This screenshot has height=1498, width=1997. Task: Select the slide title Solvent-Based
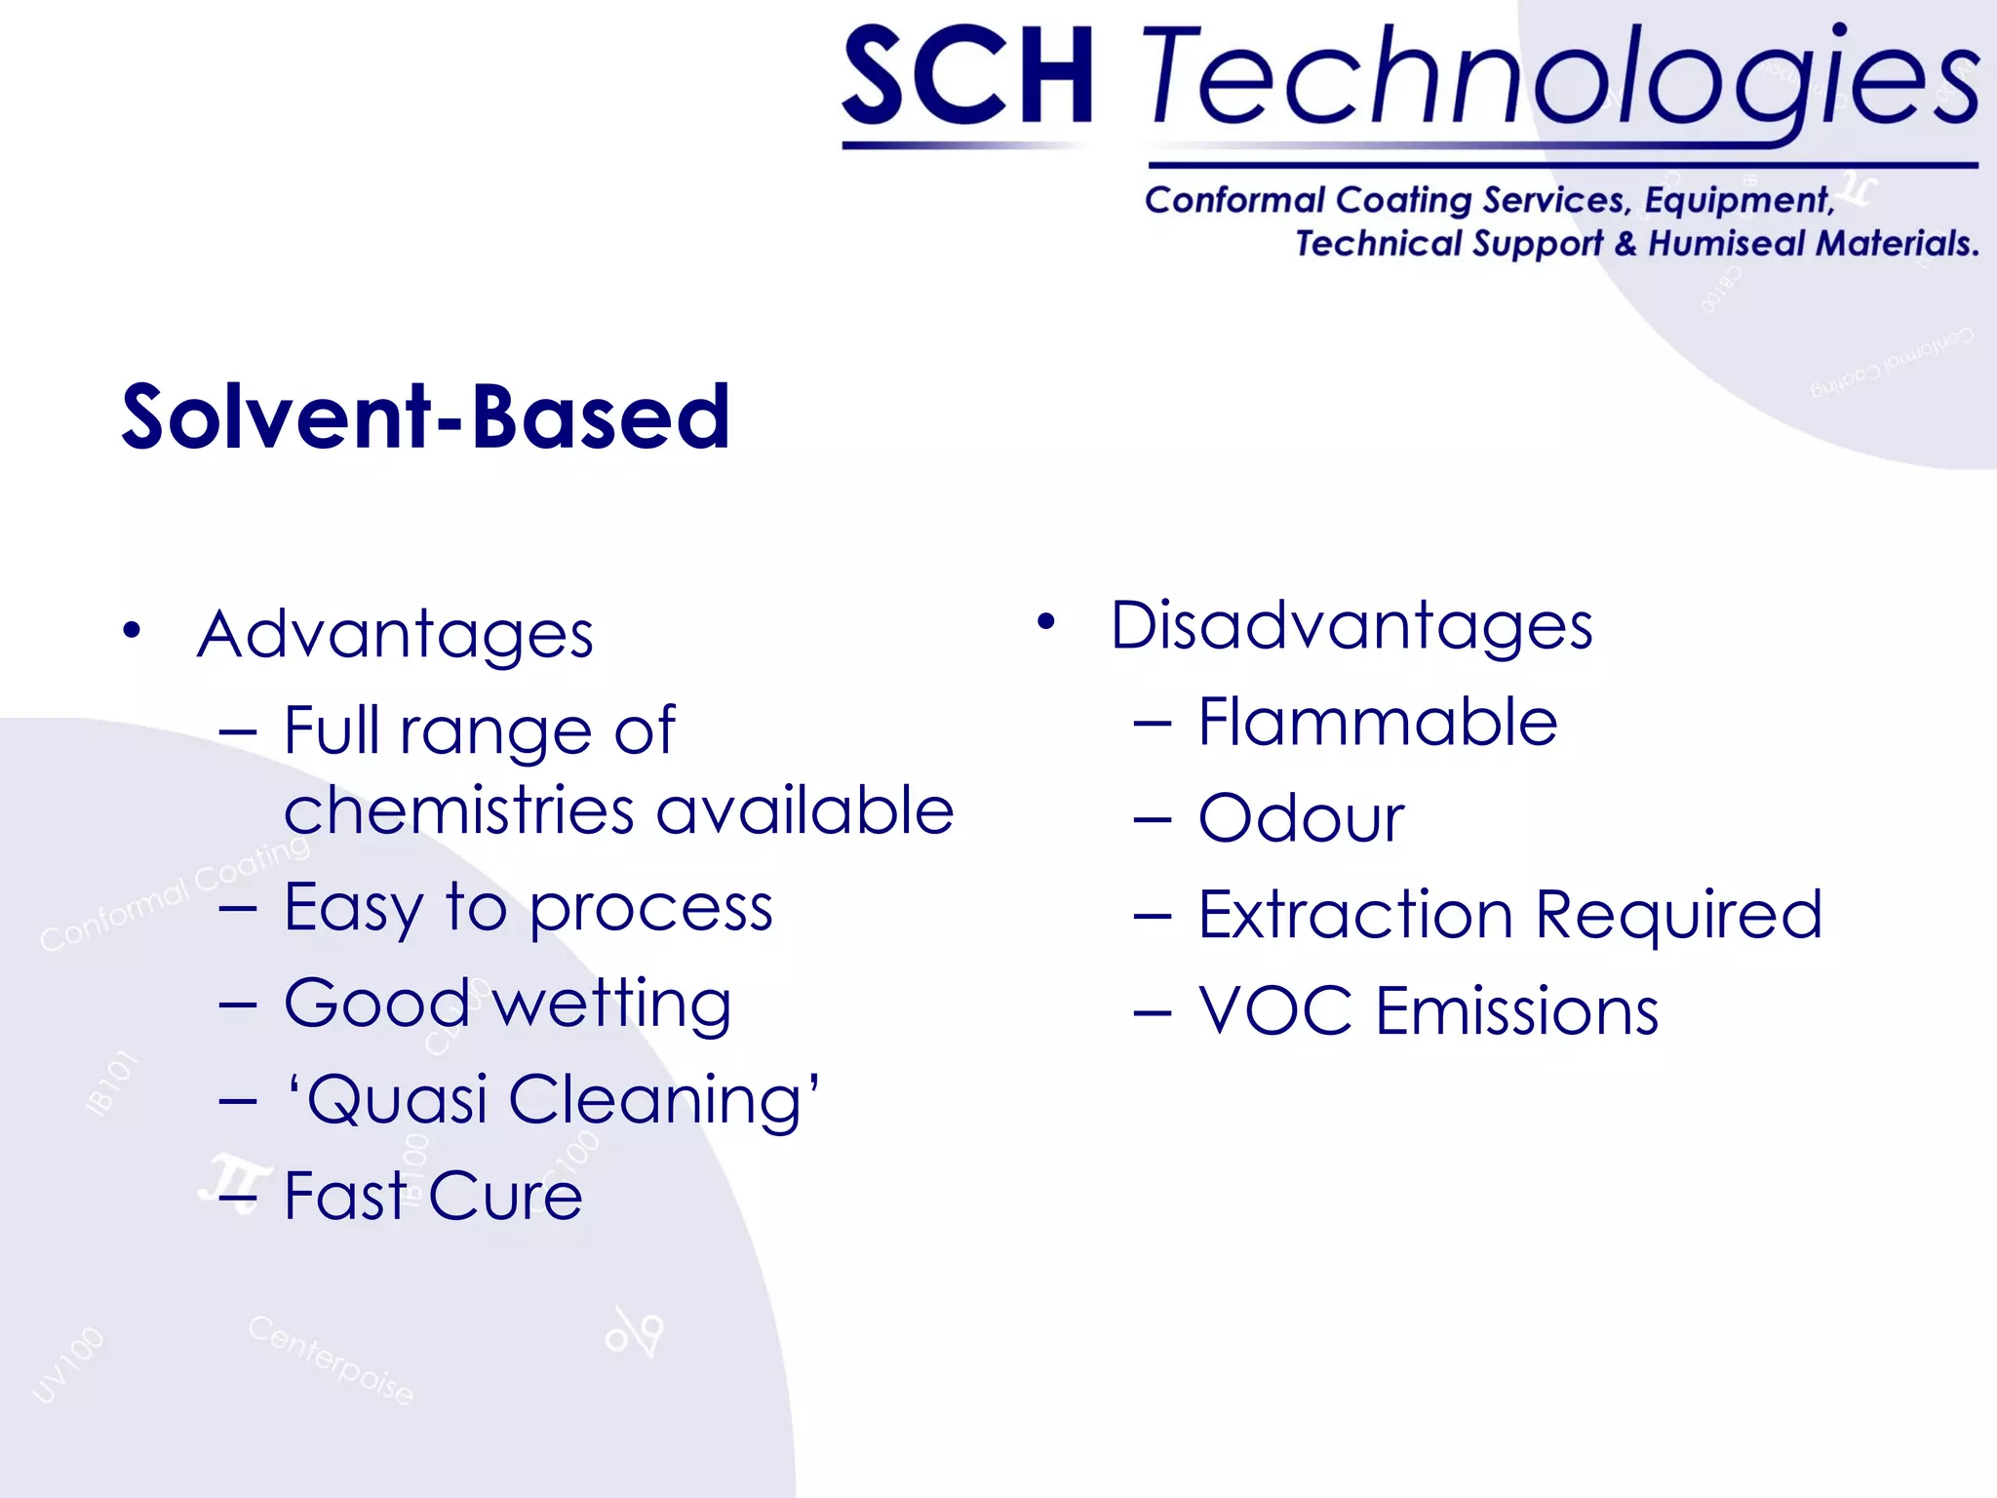click(x=425, y=417)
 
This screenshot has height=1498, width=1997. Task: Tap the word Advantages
click(x=395, y=635)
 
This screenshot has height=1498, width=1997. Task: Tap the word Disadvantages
click(x=1351, y=625)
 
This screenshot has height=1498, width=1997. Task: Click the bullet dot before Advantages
click(x=132, y=630)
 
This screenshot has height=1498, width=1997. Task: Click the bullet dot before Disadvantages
click(x=1046, y=621)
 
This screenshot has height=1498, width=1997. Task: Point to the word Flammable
click(x=1377, y=723)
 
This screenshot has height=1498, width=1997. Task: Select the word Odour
click(x=1301, y=818)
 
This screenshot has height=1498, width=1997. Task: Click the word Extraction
click(x=1355, y=915)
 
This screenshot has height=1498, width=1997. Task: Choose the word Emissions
click(x=1517, y=1010)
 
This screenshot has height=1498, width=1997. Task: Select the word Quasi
click(x=395, y=1100)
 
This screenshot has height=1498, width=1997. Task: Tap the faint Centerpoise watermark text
click(x=331, y=1360)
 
